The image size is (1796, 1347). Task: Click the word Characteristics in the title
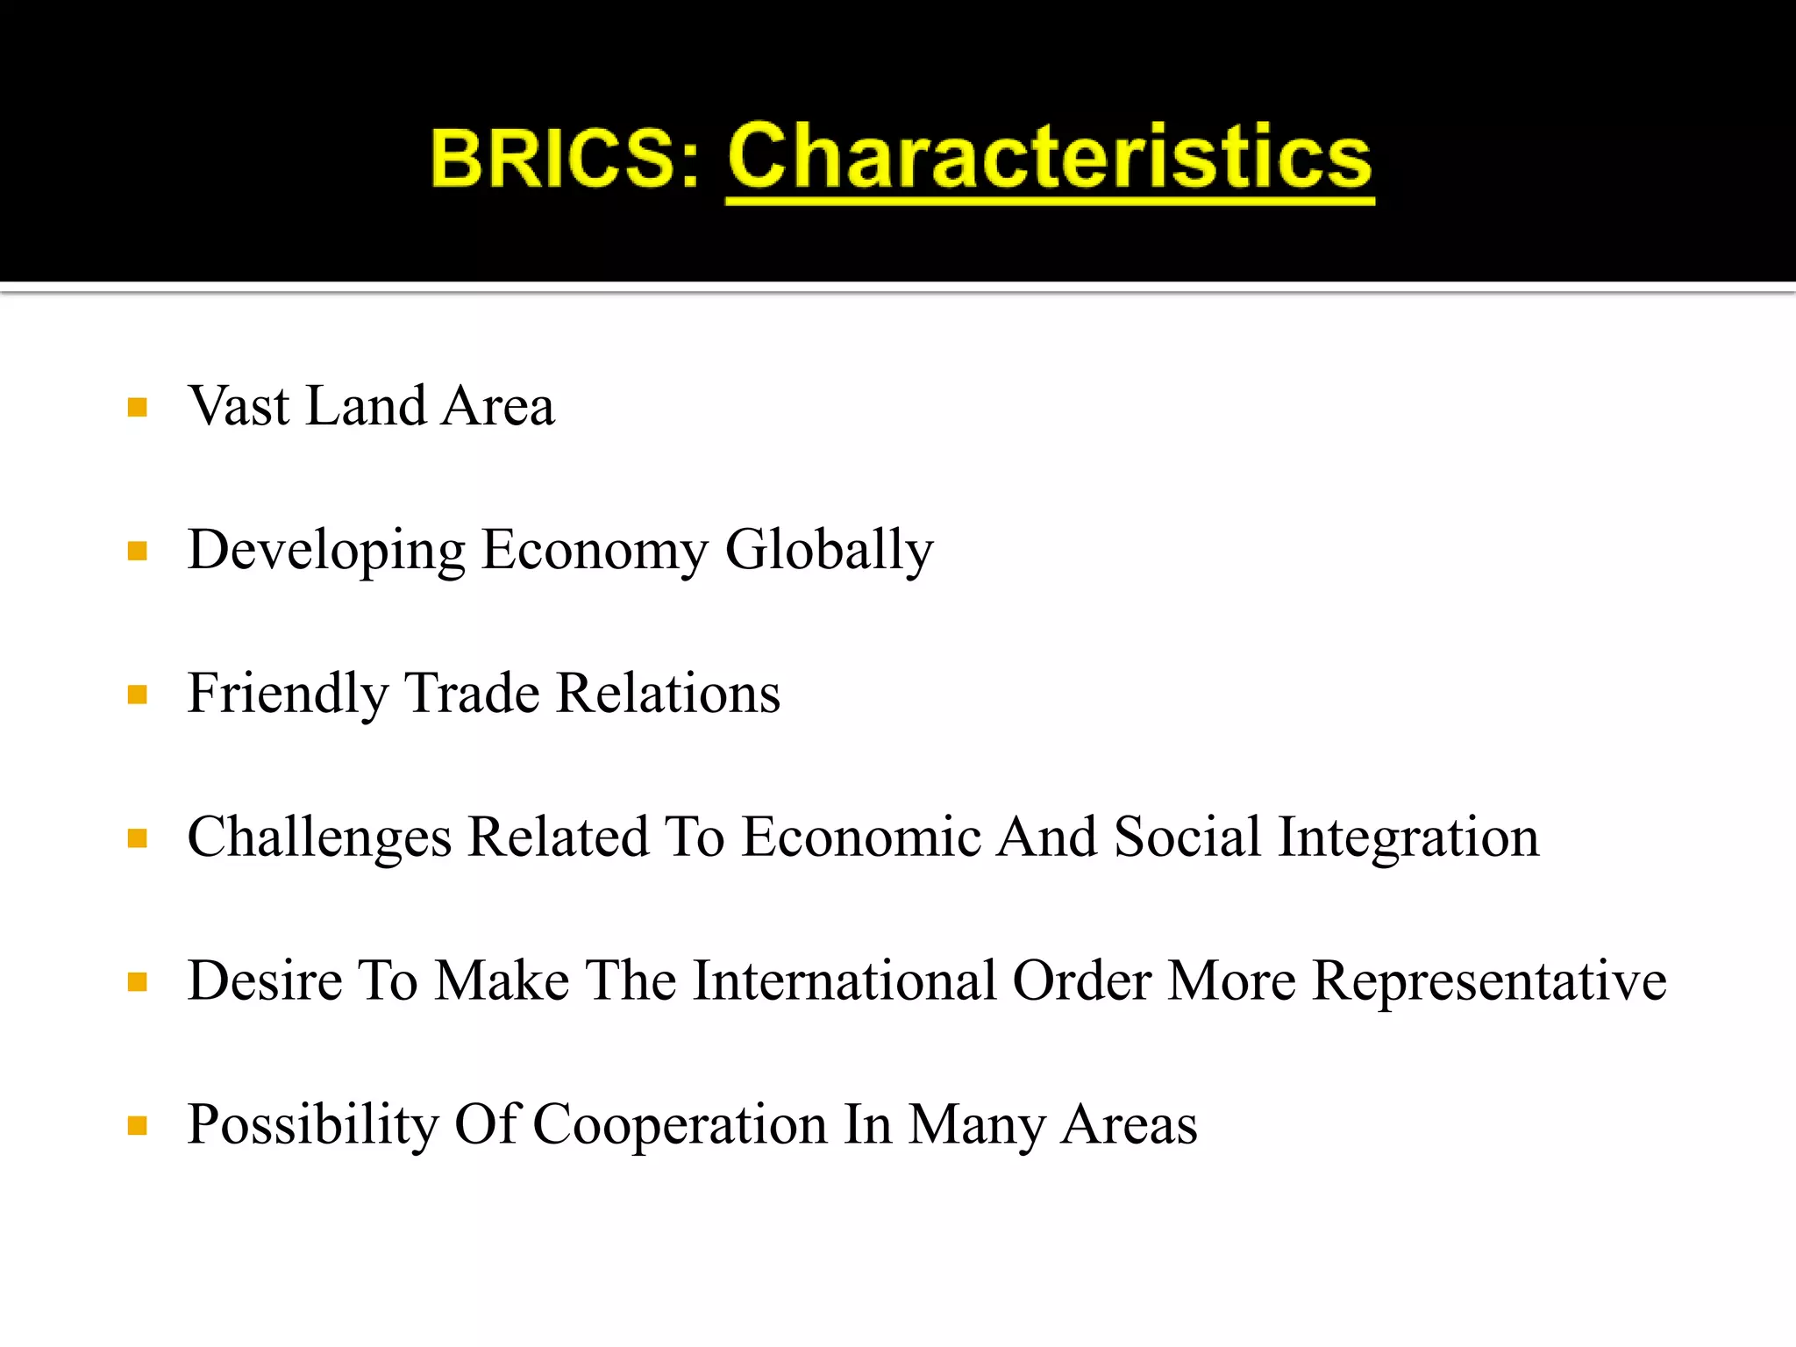click(x=1049, y=158)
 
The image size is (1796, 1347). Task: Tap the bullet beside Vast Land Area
click(x=137, y=408)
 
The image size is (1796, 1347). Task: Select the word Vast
click(x=239, y=406)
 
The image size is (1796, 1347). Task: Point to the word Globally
click(x=829, y=551)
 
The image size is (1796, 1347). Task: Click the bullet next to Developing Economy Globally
click(x=137, y=552)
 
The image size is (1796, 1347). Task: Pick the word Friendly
click(x=287, y=695)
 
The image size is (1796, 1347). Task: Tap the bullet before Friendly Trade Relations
click(x=137, y=695)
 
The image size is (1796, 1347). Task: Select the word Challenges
click(x=319, y=837)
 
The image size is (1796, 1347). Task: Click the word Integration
click(x=1408, y=837)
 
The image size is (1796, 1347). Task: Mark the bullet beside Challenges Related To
click(x=137, y=839)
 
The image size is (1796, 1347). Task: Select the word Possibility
click(x=312, y=1125)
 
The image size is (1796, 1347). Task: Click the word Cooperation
click(x=680, y=1125)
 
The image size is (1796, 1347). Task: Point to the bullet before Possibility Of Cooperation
click(x=137, y=1126)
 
